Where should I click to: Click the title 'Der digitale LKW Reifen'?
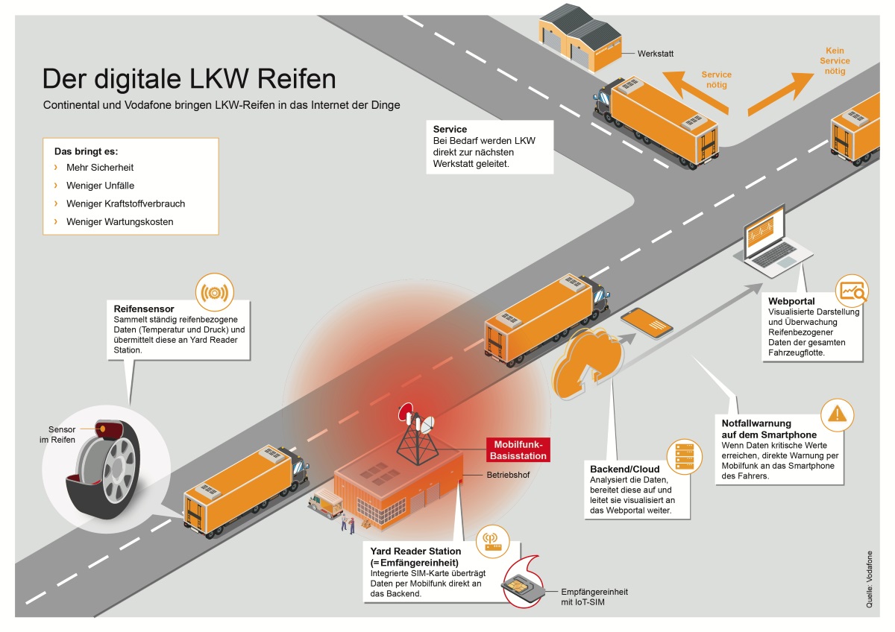(189, 79)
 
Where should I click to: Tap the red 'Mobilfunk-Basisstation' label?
(518, 449)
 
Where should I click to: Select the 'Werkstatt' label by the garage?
(656, 54)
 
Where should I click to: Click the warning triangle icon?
(839, 412)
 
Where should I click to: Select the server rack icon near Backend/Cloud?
(684, 455)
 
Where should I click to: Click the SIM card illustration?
(526, 585)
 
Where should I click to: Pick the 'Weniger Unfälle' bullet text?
(100, 186)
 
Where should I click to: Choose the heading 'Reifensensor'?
(144, 308)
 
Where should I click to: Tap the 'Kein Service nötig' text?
(835, 61)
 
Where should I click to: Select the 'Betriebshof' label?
(508, 474)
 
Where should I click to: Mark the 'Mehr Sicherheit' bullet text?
(100, 168)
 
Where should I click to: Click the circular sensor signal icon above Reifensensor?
(214, 293)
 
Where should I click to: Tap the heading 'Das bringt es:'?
(87, 151)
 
